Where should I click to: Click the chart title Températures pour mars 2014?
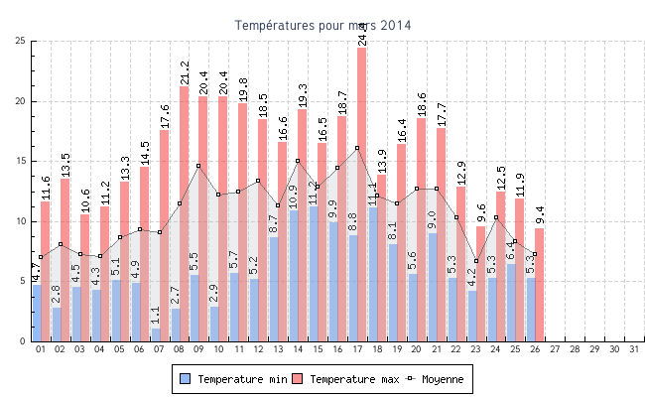click(322, 25)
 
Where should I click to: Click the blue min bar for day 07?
click(156, 334)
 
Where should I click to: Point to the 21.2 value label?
click(185, 72)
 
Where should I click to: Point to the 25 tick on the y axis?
click(21, 41)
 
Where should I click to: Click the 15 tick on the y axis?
click(21, 161)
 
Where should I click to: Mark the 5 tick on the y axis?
click(23, 281)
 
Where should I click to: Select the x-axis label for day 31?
click(634, 349)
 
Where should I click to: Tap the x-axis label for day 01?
click(41, 349)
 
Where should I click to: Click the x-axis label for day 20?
click(417, 349)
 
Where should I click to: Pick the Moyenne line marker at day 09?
click(198, 166)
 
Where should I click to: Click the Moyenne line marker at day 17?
click(357, 148)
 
